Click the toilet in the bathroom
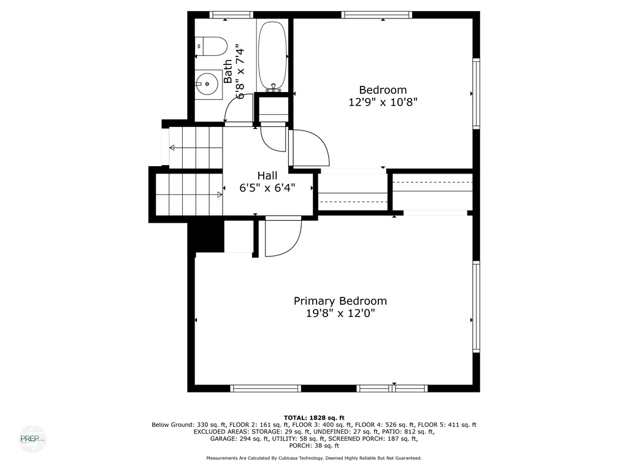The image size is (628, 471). [x=211, y=46]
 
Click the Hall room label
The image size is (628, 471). [x=267, y=176]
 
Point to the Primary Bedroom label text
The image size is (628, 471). [x=340, y=301]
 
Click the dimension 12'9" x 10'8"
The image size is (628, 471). [x=383, y=102]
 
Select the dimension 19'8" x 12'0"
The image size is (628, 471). [x=340, y=313]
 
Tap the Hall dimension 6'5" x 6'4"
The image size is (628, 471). [x=267, y=188]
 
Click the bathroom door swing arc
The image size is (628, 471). [x=236, y=109]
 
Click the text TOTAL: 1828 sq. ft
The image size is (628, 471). [x=314, y=418]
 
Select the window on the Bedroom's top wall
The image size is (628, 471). [x=376, y=15]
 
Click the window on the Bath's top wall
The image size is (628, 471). [x=231, y=15]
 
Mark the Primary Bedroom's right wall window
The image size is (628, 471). [x=476, y=307]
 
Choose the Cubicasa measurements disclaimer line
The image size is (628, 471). [x=314, y=458]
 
